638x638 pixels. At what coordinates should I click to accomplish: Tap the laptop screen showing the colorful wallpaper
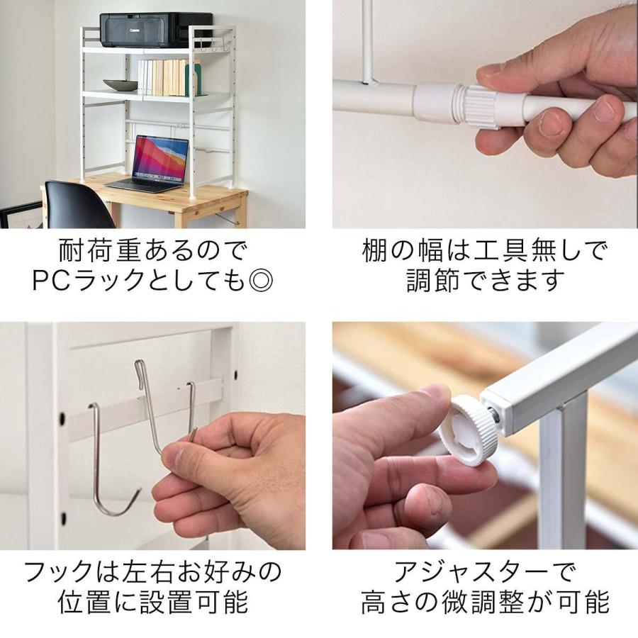(x=160, y=158)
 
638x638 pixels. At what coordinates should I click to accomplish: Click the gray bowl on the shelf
(x=121, y=85)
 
